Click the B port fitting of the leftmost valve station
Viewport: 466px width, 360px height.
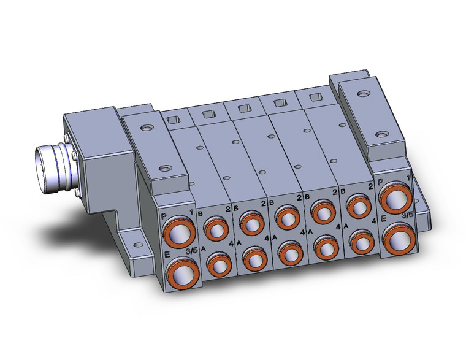(x=215, y=229)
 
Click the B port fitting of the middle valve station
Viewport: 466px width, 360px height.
(x=286, y=217)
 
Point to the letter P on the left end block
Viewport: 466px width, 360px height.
(x=163, y=216)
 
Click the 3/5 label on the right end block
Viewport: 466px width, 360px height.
(x=407, y=215)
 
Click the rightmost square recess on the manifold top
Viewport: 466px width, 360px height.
(x=315, y=97)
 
